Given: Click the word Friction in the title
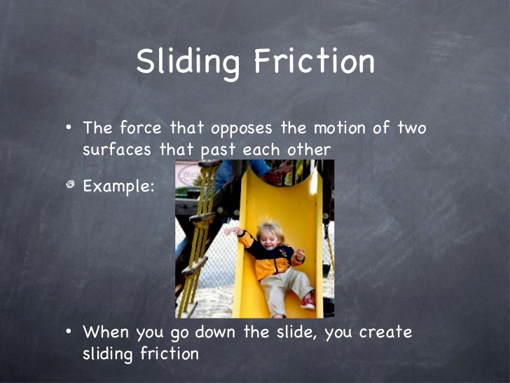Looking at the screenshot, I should click(x=314, y=62).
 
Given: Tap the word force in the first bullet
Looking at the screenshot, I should click(x=139, y=129).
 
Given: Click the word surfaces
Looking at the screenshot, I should click(x=116, y=149).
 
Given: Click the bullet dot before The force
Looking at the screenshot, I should click(x=69, y=129).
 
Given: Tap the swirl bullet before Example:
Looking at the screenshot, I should click(x=69, y=184).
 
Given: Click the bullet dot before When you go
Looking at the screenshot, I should click(x=69, y=332).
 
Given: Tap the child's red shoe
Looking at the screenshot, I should click(x=307, y=302).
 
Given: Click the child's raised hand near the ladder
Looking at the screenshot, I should click(x=231, y=229).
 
